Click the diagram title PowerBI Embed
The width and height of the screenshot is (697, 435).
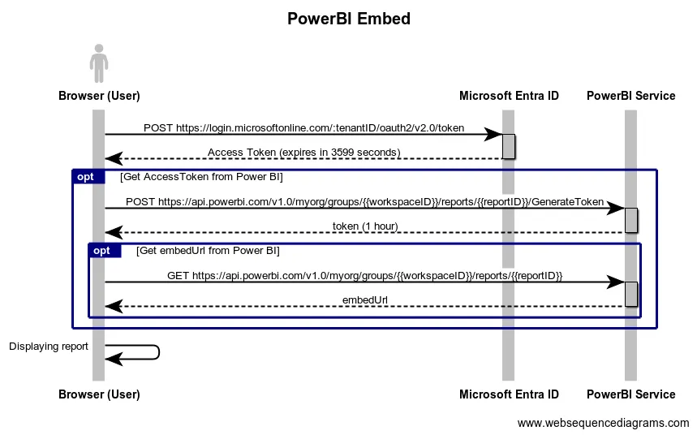pyautogui.click(x=348, y=19)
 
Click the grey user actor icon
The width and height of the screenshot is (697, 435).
pyautogui.click(x=99, y=63)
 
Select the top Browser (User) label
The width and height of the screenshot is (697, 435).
pyautogui.click(x=99, y=96)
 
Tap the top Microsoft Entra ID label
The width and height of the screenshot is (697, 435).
pyautogui.click(x=509, y=96)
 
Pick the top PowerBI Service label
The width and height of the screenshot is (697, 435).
pyautogui.click(x=630, y=96)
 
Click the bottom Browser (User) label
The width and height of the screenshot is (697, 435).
pyautogui.click(x=99, y=394)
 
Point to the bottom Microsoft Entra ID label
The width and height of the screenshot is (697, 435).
pyautogui.click(x=509, y=394)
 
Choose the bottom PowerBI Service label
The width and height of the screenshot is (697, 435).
pyautogui.click(x=630, y=394)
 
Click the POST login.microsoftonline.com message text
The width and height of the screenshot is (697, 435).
pyautogui.click(x=303, y=128)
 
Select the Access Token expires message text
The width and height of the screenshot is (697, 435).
pyautogui.click(x=303, y=153)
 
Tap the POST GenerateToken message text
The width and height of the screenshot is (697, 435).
pyautogui.click(x=364, y=201)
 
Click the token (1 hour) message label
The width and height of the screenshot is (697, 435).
pyautogui.click(x=364, y=226)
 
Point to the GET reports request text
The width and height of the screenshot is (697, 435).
pyautogui.click(x=364, y=275)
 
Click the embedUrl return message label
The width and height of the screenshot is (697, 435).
pyautogui.click(x=364, y=299)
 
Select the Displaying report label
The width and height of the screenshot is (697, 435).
pyautogui.click(x=49, y=347)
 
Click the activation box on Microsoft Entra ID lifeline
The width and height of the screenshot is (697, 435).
pyautogui.click(x=509, y=146)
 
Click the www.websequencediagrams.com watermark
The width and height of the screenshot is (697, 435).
pyautogui.click(x=603, y=423)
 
